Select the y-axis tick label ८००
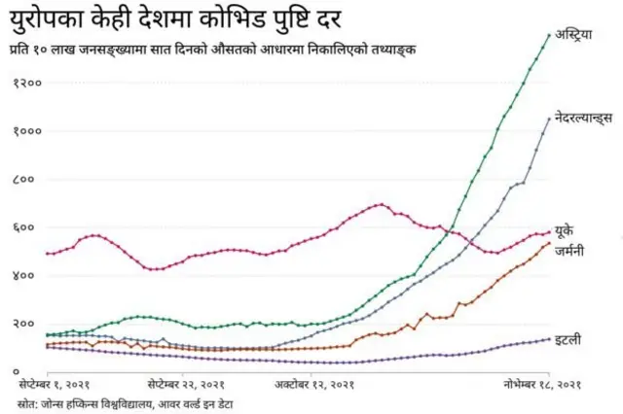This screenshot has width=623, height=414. tap(26, 180)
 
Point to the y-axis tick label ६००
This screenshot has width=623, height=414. tap(26, 228)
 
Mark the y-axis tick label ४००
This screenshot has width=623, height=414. tap(26, 276)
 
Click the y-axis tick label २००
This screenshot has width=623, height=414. tap(26, 325)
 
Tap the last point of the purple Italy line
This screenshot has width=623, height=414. tap(549, 339)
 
